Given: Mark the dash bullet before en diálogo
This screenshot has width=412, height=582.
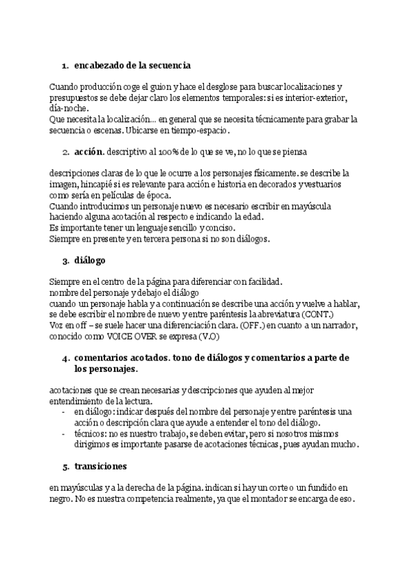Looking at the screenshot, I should [x=64, y=411].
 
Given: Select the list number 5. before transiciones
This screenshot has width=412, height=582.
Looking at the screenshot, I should [x=66, y=467].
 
